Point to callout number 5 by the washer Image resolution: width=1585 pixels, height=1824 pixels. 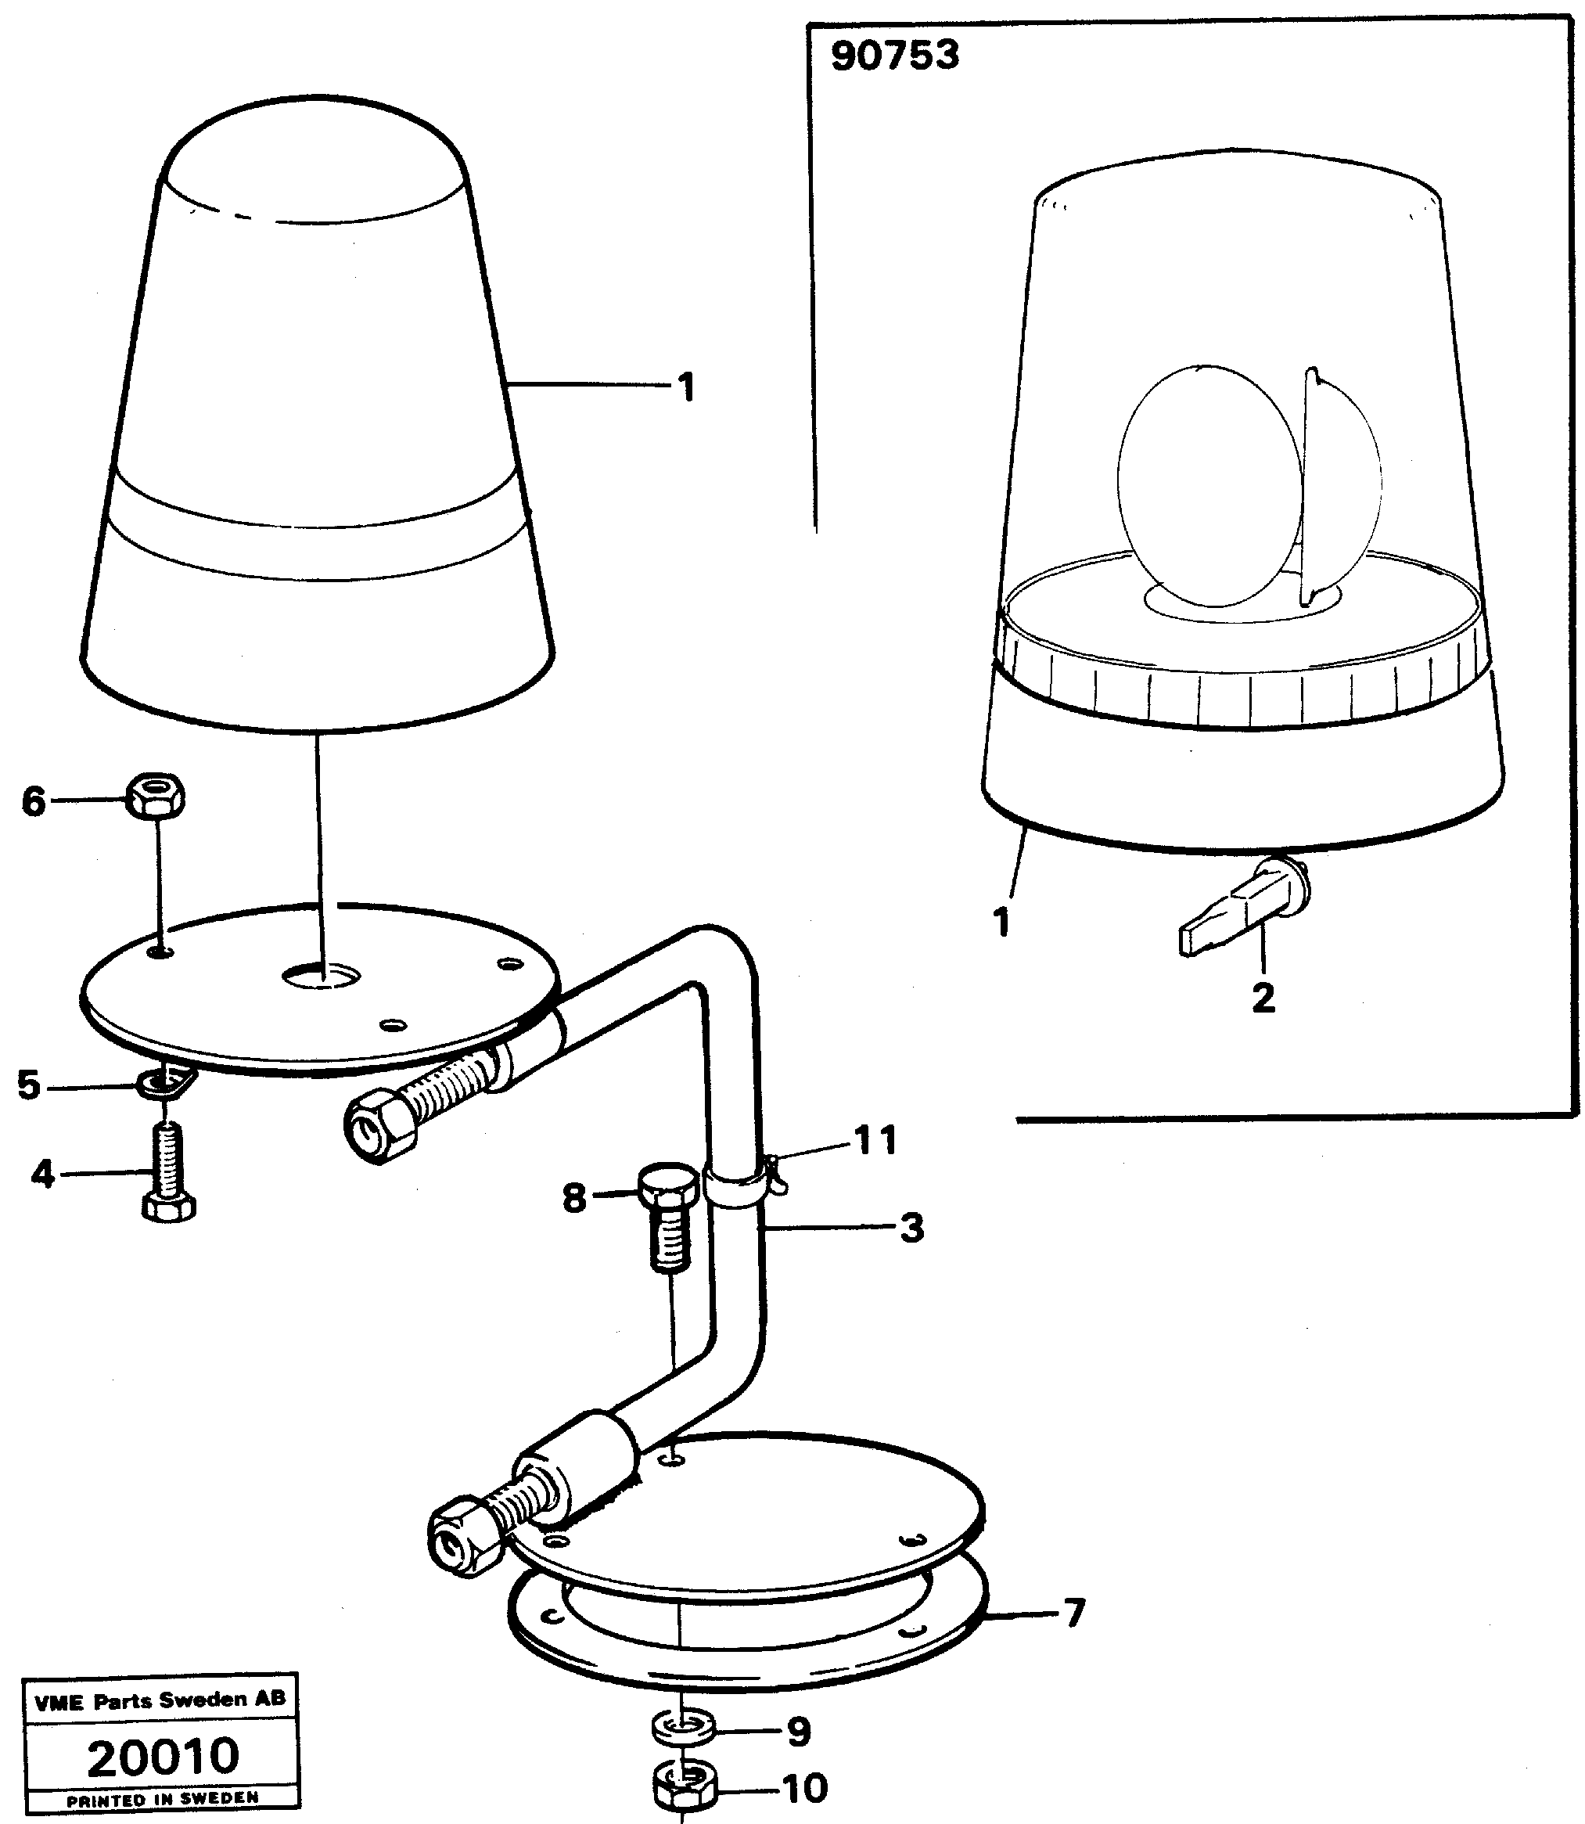coord(29,1085)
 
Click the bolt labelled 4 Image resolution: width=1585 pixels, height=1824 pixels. coord(168,1167)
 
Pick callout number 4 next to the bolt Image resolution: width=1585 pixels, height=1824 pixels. coord(41,1175)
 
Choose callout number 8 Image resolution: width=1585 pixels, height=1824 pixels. coord(574,1200)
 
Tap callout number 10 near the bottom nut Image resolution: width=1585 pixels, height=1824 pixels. coord(805,1789)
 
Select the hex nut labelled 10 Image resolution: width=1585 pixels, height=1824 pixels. coord(685,1786)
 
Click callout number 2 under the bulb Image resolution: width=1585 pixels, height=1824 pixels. coord(1263,998)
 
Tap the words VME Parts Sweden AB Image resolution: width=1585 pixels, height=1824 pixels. coord(160,1700)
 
